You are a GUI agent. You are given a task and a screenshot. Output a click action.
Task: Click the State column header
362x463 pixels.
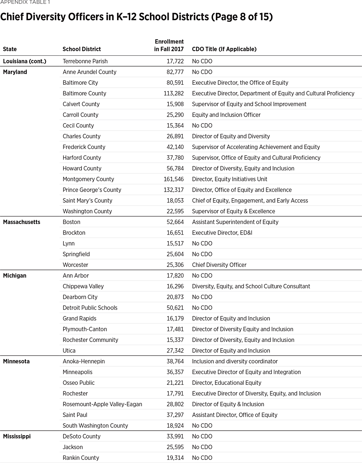point(10,49)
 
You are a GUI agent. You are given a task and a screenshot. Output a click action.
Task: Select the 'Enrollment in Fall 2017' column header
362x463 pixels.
point(169,45)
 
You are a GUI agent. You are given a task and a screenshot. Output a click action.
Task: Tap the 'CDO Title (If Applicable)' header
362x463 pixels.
point(224,49)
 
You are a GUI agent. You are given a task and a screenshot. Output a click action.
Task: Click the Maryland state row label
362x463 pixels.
point(15,72)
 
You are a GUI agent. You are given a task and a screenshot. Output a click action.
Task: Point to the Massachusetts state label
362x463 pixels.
point(22,222)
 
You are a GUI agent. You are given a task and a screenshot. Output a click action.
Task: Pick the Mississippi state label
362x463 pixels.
point(17,436)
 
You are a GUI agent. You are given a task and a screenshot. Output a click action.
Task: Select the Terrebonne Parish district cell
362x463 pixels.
point(85,61)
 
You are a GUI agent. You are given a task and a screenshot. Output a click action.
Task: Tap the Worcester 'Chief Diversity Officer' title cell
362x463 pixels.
point(219,265)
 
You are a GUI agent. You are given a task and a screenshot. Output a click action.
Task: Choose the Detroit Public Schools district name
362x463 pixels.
point(90,308)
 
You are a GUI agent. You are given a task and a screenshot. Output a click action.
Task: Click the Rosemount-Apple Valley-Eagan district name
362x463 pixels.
point(102,404)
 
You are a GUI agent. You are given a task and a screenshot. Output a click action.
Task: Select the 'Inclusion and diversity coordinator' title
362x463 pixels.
point(235,361)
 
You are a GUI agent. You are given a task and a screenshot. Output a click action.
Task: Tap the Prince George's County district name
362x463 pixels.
point(92,190)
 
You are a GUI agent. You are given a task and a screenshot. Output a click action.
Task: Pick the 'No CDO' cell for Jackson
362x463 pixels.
point(202,447)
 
